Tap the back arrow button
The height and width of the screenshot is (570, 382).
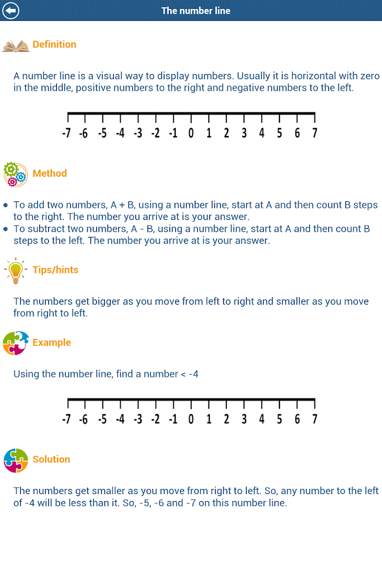11,11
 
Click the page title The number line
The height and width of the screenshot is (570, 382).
196,11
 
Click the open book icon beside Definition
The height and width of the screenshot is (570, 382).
16,46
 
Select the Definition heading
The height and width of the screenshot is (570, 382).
54,44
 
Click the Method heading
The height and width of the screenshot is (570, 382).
49,174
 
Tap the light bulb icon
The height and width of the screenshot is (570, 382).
15,270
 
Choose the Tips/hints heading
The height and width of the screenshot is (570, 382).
56,270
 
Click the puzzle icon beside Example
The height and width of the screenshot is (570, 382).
15,343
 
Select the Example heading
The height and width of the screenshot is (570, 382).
52,343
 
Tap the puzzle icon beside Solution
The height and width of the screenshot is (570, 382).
15,460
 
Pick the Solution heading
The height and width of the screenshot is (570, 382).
51,459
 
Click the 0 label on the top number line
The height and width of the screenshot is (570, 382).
191,133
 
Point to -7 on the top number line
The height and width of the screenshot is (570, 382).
66,133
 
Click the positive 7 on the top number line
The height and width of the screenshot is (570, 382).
314,133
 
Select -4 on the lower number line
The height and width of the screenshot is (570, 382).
120,419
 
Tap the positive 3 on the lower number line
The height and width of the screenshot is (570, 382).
244,419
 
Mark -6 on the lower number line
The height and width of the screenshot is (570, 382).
83,419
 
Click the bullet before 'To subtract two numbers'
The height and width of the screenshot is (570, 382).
6,229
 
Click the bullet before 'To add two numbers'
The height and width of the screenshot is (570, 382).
6,205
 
